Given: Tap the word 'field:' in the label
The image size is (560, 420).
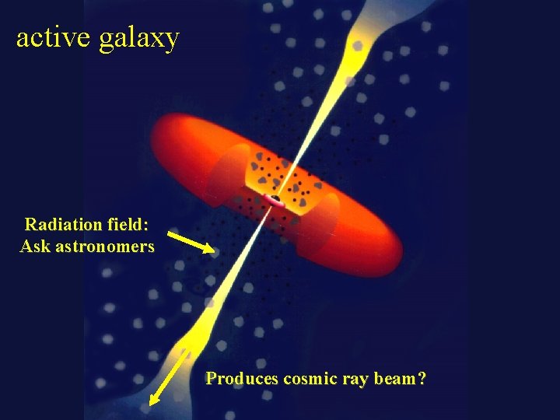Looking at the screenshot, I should [128, 225].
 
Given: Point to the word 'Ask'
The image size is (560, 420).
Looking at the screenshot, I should [35, 247].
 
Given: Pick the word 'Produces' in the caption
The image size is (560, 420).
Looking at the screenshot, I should [242, 379].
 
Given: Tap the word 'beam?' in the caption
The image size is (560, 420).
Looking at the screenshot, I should [400, 379].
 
